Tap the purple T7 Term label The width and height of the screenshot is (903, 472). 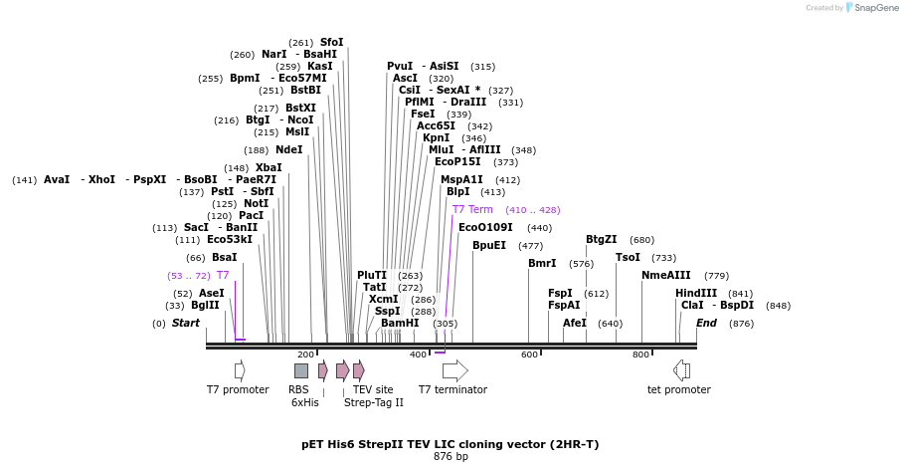472,210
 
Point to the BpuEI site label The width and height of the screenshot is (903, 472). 489,245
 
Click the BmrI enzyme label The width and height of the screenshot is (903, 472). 542,264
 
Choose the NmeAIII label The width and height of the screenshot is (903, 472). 665,275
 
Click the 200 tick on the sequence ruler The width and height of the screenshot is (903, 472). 305,354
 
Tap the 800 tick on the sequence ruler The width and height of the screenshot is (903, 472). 640,354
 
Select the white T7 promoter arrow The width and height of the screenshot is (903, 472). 240,370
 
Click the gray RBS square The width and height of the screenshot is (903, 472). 301,370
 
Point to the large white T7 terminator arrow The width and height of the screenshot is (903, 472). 454,370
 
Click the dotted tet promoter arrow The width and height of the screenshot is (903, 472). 681,370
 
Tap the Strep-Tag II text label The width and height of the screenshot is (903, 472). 374,402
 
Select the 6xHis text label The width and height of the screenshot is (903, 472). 305,402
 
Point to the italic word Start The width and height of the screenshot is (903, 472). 186,324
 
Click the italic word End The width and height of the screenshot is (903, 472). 706,324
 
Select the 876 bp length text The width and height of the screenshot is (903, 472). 451,457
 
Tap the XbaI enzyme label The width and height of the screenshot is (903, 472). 269,168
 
